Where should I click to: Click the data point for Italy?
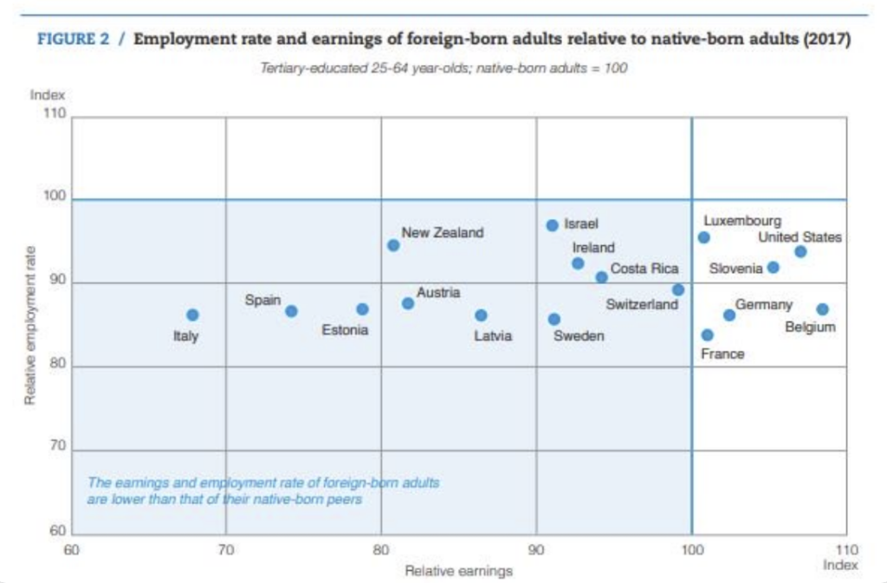[192, 315]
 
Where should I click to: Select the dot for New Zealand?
[393, 245]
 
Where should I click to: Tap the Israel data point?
[553, 225]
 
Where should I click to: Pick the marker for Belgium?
[822, 309]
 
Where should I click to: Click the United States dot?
[800, 251]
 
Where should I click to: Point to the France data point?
[708, 334]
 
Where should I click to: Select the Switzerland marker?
[678, 289]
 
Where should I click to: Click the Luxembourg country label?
[742, 221]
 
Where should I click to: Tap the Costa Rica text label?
[644, 269]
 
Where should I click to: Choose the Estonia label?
[345, 330]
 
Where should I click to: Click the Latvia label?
[493, 336]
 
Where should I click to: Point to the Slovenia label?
[735, 269]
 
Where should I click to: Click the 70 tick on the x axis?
[225, 549]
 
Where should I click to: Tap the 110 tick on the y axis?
[55, 116]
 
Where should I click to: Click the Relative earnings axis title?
[459, 571]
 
